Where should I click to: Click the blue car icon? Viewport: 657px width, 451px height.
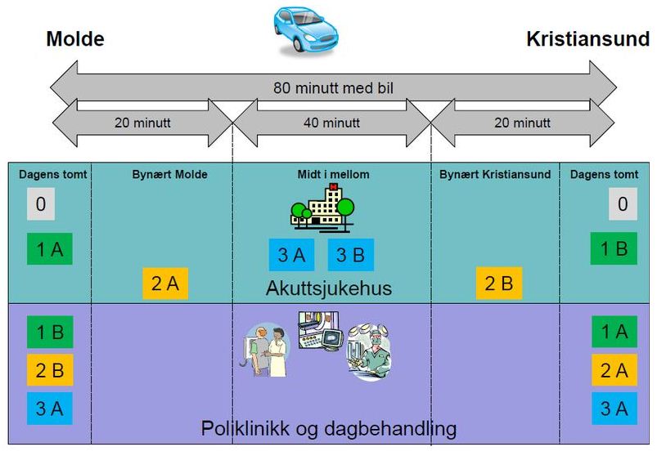pyautogui.click(x=305, y=30)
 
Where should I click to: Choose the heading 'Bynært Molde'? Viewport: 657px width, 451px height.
pyautogui.click(x=169, y=174)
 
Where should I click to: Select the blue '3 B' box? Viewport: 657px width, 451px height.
pyautogui.click(x=351, y=255)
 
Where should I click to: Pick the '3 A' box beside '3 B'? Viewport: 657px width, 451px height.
pyautogui.click(x=291, y=255)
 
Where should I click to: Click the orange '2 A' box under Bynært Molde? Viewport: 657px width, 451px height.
pyautogui.click(x=165, y=284)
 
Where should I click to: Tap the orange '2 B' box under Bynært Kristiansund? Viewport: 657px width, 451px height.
pyautogui.click(x=499, y=284)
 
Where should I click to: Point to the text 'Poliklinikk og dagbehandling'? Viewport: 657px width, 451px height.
pyautogui.click(x=328, y=428)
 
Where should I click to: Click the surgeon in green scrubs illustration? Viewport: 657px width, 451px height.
pyautogui.click(x=370, y=351)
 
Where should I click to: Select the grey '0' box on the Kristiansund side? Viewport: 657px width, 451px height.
pyautogui.click(x=622, y=204)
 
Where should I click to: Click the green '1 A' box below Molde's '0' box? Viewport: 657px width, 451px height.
pyautogui.click(x=50, y=249)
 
